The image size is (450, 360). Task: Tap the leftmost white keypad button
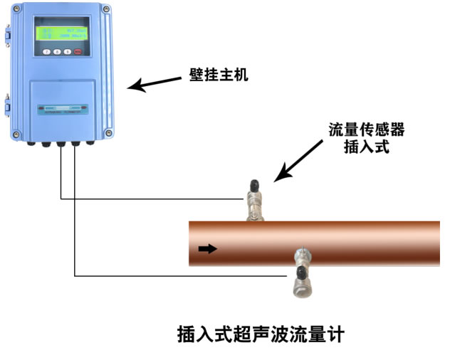(x=47, y=52)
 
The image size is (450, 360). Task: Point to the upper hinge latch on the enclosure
(x=9, y=32)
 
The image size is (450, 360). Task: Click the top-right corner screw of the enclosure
(x=107, y=10)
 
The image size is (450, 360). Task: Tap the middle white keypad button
(x=57, y=52)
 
